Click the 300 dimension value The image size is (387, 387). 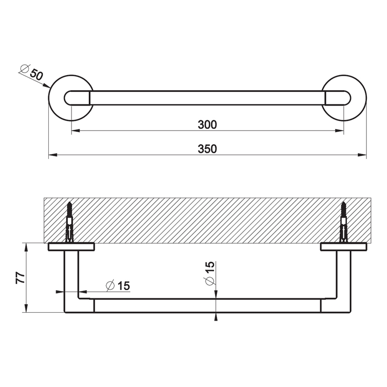point(207,124)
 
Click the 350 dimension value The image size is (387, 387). point(207,149)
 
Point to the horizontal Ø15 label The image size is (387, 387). point(118,286)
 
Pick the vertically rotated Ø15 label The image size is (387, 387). point(209,274)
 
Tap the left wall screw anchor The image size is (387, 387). point(70,222)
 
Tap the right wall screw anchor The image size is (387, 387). point(344,222)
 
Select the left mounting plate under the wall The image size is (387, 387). point(71,247)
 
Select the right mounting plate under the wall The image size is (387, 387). point(343,247)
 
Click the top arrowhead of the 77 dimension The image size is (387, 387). point(26,246)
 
